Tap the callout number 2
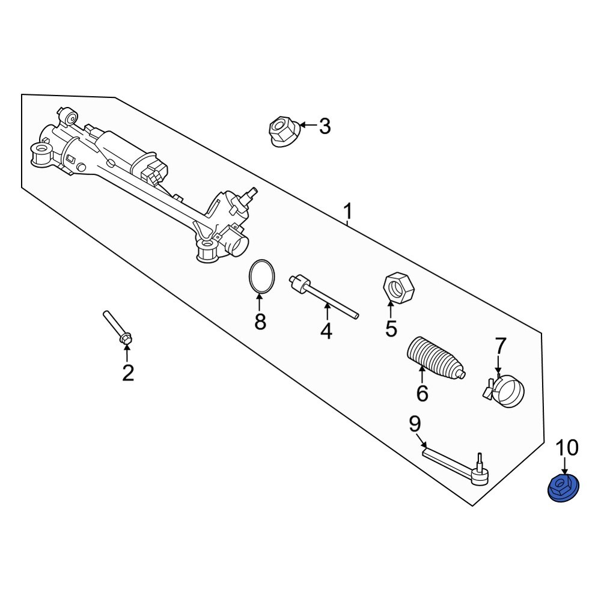pyautogui.click(x=127, y=373)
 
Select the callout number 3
pyautogui.click(x=325, y=127)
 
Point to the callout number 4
pyautogui.click(x=326, y=331)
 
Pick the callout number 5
pyautogui.click(x=391, y=329)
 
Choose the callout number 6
pyautogui.click(x=422, y=394)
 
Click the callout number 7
pyautogui.click(x=501, y=346)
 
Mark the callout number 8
pyautogui.click(x=260, y=323)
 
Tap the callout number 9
pyautogui.click(x=415, y=425)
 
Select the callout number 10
pyautogui.click(x=567, y=448)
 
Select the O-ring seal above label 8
pyautogui.click(x=262, y=277)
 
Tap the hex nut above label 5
pyautogui.click(x=398, y=287)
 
